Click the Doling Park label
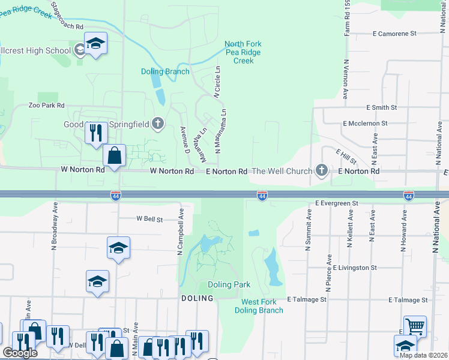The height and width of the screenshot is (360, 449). click(229, 284)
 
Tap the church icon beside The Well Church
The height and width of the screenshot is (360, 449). click(322, 171)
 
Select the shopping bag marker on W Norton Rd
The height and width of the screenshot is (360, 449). click(114, 155)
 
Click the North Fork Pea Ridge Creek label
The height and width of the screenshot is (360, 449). click(243, 52)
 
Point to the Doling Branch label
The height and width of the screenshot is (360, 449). click(165, 72)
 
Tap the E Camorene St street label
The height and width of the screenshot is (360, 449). click(394, 34)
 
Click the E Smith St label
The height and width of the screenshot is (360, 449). click(382, 107)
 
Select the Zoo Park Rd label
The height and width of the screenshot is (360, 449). click(46, 105)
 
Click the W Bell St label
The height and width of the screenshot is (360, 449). click(149, 220)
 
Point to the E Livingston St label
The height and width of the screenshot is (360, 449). click(355, 268)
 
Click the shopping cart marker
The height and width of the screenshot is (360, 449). click(415, 326)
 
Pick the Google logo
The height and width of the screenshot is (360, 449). click(20, 353)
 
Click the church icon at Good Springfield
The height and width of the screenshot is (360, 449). click(158, 124)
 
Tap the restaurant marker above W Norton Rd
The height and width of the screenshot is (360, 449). click(95, 133)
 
